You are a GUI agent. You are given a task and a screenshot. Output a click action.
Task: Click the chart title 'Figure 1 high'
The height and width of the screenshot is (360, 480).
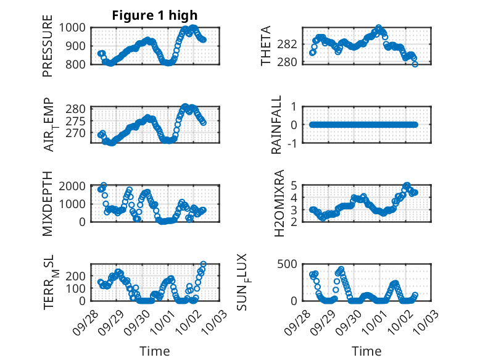point(155,15)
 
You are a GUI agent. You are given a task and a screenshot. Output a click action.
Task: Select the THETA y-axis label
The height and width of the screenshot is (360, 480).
point(266,46)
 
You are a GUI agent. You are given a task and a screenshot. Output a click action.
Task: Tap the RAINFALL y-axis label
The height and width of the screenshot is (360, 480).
point(276,125)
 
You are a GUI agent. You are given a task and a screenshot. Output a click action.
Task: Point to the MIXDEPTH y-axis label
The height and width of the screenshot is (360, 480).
point(48,204)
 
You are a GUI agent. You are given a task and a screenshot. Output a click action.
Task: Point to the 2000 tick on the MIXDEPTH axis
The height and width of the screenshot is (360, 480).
point(75,186)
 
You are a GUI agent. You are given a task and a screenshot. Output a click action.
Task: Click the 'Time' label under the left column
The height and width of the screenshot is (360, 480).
point(154,351)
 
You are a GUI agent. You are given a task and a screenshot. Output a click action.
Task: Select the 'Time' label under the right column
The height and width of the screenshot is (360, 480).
point(366,351)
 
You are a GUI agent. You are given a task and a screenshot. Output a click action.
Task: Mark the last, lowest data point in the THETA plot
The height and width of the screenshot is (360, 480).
point(415,64)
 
